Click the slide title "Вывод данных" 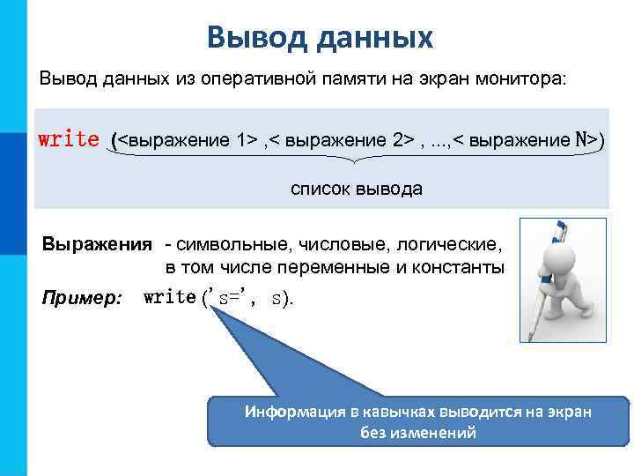[x=321, y=38]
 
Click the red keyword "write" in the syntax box [x=69, y=139]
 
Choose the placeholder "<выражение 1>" [x=187, y=140]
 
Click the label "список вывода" [x=357, y=189]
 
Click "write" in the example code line [x=169, y=298]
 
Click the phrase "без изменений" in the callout [x=418, y=433]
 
